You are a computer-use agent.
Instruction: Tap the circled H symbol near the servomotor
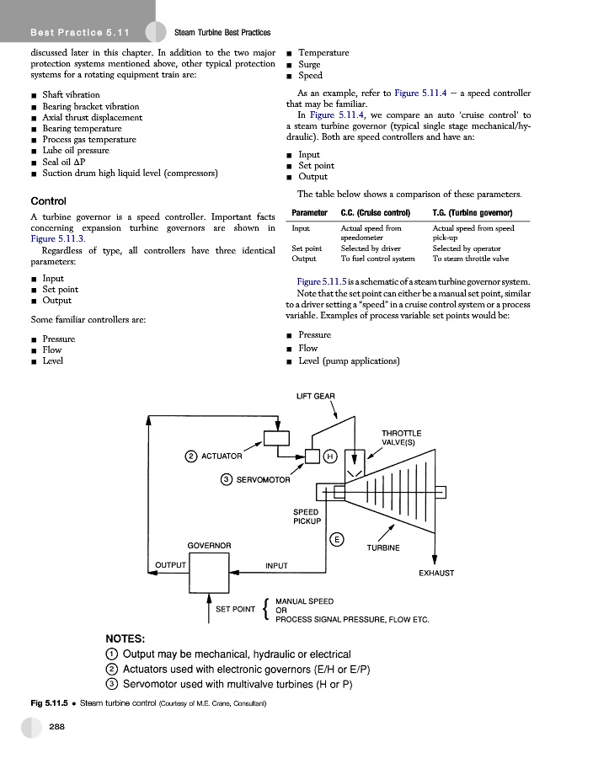[330, 456]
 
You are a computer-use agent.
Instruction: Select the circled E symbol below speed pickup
[336, 539]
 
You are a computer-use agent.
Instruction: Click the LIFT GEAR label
[316, 396]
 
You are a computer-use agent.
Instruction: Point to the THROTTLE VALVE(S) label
[402, 437]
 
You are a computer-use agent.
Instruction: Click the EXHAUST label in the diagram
[436, 573]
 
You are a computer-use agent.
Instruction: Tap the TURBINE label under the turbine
[383, 547]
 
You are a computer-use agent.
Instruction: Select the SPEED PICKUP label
[306, 516]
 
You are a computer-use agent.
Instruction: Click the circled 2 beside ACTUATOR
[191, 456]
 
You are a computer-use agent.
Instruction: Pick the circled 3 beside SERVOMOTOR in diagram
[227, 480]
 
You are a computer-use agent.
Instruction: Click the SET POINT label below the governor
[235, 609]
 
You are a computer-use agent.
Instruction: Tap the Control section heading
[48, 201]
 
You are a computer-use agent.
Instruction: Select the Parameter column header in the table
[309, 212]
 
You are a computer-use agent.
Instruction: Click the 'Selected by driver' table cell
[370, 248]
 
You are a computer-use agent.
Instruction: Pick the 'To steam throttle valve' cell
[470, 259]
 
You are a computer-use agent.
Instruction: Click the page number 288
[58, 726]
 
